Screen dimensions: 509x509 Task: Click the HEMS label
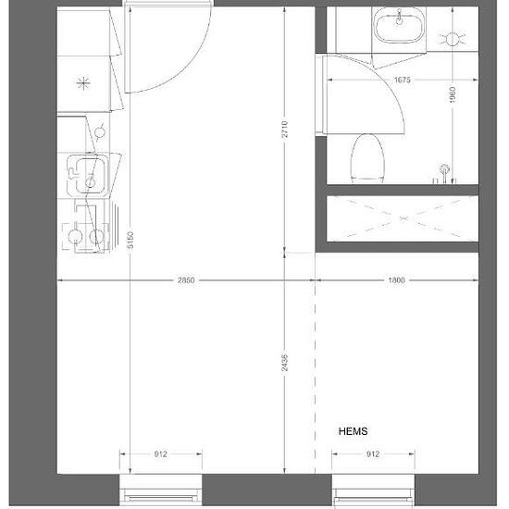click(353, 431)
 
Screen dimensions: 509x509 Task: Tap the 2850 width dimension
click(186, 280)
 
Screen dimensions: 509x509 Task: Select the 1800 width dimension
click(396, 280)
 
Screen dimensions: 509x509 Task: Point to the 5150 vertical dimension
click(130, 240)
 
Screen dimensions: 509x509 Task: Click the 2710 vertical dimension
click(285, 130)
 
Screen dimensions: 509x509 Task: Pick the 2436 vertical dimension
click(285, 363)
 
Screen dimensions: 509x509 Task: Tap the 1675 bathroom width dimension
click(403, 80)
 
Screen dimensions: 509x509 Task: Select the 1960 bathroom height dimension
click(453, 94)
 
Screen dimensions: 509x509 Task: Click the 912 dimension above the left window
click(161, 453)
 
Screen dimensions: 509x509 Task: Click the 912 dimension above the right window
click(373, 453)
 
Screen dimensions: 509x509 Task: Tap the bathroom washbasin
click(399, 25)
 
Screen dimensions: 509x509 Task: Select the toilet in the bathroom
click(367, 158)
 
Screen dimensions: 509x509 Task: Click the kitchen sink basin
click(87, 175)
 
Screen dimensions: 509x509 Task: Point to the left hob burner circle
click(75, 236)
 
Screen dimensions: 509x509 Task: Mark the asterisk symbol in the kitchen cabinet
click(83, 83)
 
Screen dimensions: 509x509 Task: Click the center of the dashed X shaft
click(403, 218)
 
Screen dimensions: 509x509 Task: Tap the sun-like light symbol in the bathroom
click(453, 39)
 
